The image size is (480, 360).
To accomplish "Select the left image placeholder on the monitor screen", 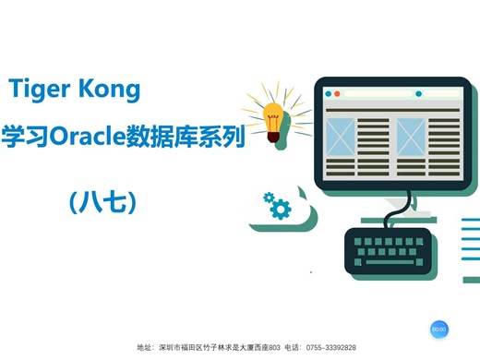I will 341,138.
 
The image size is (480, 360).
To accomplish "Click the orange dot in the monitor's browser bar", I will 338,94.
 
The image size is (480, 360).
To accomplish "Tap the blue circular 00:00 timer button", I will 438,329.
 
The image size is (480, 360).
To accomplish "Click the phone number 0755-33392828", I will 330,348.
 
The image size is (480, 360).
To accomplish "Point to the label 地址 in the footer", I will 145,348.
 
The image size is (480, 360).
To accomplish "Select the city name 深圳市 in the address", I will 171,348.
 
